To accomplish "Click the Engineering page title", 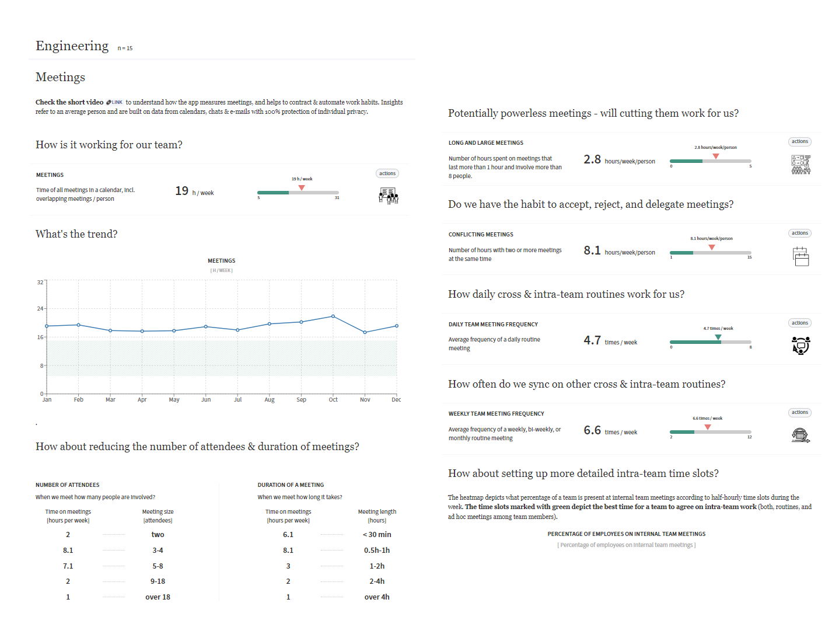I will pos(72,46).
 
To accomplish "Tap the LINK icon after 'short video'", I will pos(114,102).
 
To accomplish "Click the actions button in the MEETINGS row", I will pos(387,173).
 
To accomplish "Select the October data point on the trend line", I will pos(333,316).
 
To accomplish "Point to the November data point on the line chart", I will pos(365,332).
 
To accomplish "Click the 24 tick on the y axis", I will pos(40,308).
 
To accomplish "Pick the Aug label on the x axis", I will pos(270,400).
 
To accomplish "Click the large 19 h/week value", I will pos(182,191).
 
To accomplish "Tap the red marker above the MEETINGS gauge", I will pos(302,188).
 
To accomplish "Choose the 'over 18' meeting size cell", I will pos(158,597).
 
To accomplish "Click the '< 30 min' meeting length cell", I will pos(377,534).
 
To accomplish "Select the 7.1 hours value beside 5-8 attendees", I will pos(68,566).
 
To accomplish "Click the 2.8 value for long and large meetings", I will pos(592,159).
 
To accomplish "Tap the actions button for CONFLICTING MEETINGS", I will pos(799,233).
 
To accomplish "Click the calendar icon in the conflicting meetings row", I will pos(801,256).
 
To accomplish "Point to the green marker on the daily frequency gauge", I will pos(718,337).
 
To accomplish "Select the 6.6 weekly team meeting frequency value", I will pos(592,430).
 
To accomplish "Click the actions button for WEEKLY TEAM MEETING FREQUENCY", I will pos(799,412).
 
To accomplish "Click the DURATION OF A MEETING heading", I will pos(291,485).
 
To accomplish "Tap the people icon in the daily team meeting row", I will pos(801,346).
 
